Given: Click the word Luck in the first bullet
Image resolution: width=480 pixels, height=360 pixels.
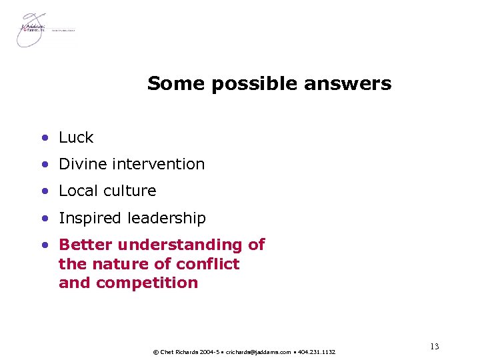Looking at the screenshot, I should (x=76, y=138).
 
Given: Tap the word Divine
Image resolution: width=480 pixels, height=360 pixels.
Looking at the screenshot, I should (x=83, y=164).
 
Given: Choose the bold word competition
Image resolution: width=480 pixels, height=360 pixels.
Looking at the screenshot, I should (x=148, y=282).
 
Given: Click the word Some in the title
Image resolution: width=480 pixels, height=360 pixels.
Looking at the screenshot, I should (x=169, y=84).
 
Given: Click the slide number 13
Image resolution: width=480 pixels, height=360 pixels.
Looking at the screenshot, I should (x=434, y=346).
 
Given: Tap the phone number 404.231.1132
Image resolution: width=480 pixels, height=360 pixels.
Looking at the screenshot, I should (x=316, y=352).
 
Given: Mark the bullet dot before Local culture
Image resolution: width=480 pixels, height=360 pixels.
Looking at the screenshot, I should (x=44, y=191).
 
